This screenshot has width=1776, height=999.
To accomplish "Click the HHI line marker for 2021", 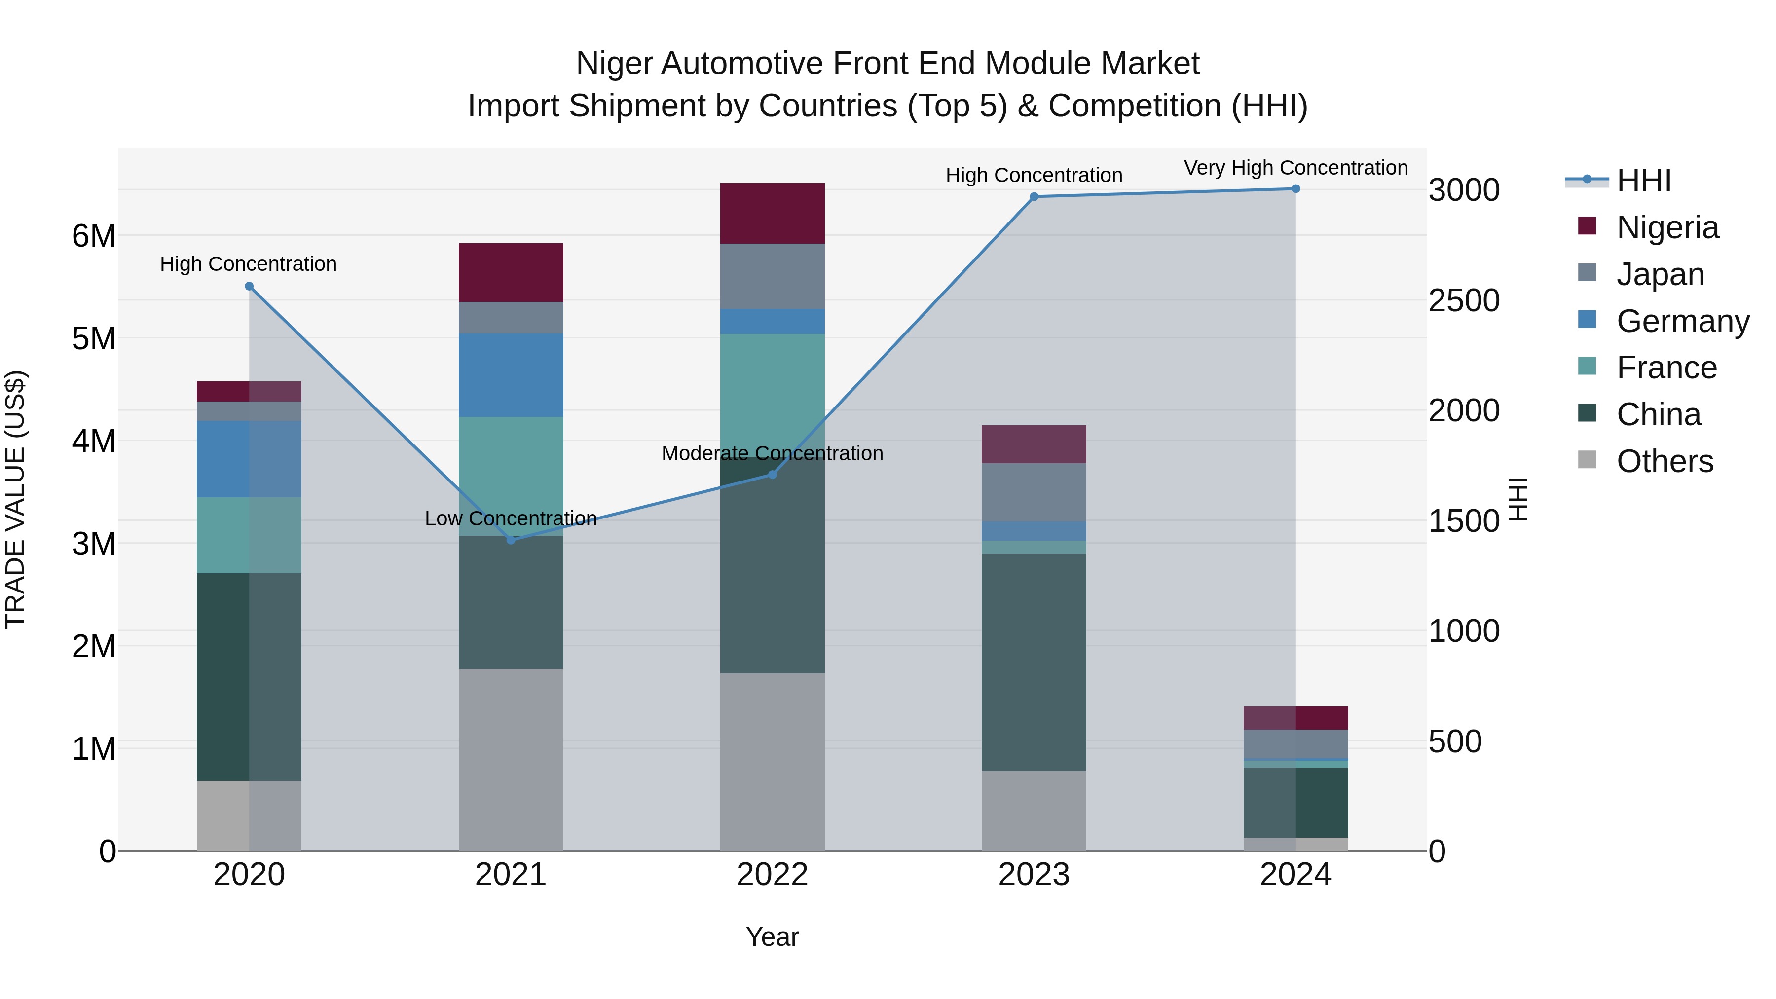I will (511, 540).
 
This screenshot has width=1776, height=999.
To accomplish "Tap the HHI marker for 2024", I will (1295, 189).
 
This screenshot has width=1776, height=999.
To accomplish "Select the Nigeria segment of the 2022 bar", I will (772, 213).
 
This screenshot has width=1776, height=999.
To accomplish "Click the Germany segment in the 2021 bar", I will (511, 375).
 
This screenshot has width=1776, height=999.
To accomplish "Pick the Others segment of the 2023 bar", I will (1034, 810).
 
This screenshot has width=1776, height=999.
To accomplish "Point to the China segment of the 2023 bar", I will (1034, 662).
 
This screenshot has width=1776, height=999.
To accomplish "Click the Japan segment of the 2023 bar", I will (1034, 492).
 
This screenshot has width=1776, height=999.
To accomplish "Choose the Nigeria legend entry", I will (1667, 227).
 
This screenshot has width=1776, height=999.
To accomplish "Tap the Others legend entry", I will (1665, 461).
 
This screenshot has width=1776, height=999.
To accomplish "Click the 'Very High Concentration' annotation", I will (1295, 168).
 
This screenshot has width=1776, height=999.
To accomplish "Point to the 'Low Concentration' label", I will (511, 518).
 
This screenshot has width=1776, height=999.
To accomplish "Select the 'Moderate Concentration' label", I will (772, 454).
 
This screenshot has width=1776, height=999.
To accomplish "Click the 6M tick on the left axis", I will (94, 236).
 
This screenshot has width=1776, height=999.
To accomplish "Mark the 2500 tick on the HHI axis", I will (1464, 300).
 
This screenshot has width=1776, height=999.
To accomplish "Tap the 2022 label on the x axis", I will (772, 875).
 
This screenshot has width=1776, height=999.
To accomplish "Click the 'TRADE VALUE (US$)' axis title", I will (15, 499).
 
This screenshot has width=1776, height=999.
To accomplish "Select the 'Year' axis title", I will (772, 937).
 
